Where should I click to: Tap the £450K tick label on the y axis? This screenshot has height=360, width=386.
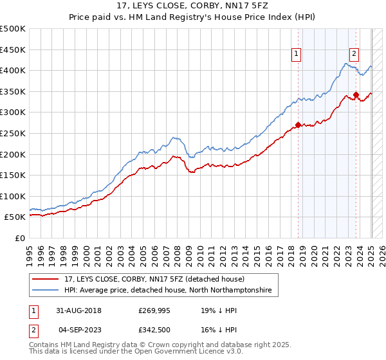pos(13,50)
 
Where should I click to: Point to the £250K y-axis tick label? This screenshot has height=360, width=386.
pos(13,133)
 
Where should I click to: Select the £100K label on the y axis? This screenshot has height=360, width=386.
pos(13,196)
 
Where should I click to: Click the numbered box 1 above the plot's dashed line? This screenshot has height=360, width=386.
pos(297,54)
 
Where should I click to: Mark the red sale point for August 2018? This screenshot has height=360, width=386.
pos(298,125)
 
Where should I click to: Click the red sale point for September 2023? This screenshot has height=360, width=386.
pos(356,94)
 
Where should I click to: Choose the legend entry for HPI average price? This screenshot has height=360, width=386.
pos(167,291)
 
